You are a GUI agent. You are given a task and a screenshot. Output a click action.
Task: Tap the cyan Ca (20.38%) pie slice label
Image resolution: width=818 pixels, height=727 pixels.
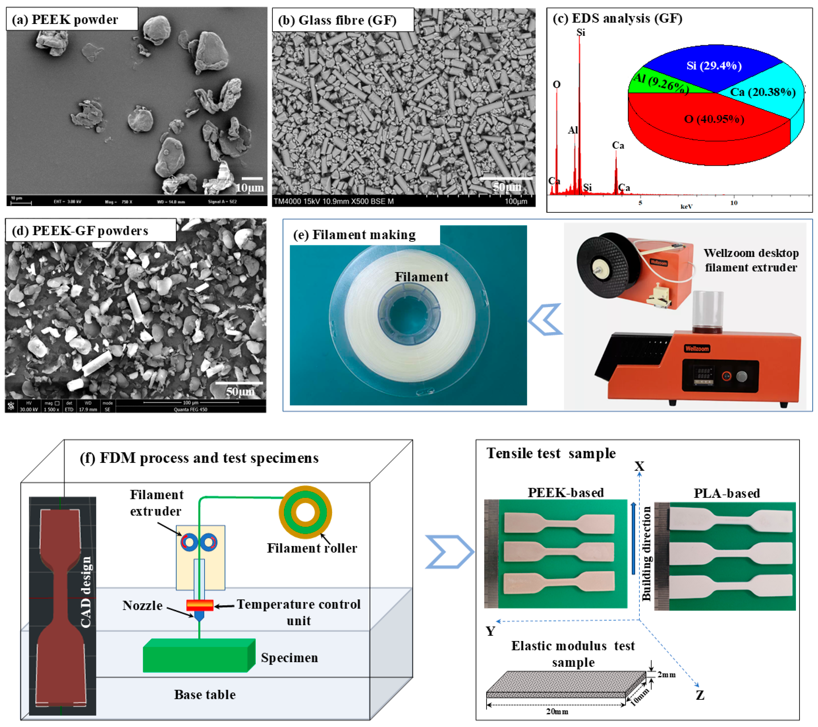(x=763, y=93)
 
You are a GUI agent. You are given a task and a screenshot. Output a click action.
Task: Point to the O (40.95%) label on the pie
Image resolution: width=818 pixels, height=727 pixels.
(x=714, y=119)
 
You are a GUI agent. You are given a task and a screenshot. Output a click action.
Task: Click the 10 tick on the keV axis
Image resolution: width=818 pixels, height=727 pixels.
(x=734, y=203)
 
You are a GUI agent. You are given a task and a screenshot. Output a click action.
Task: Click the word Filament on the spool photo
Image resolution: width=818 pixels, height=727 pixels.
(x=421, y=277)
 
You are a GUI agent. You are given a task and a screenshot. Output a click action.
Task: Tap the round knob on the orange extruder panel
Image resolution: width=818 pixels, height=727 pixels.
(x=741, y=376)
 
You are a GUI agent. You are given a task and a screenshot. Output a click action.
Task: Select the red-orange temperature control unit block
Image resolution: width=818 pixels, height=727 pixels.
(x=200, y=605)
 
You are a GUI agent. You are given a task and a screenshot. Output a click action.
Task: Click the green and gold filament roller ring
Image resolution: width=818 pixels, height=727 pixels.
(x=305, y=513)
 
